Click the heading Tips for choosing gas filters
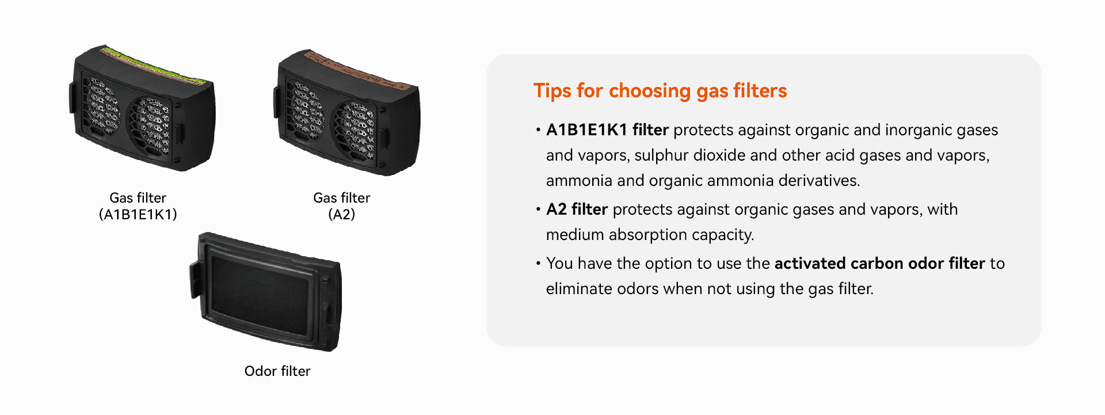[x=660, y=91]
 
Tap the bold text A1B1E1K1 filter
[x=607, y=130]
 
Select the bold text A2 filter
[x=577, y=210]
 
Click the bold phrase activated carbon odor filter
[x=879, y=264]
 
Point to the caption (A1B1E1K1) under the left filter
[x=138, y=215]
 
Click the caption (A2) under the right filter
[x=342, y=215]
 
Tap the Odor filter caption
[x=277, y=371]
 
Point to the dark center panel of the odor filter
[x=260, y=295]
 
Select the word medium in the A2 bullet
[x=575, y=235]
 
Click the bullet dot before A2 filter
[x=538, y=210]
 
